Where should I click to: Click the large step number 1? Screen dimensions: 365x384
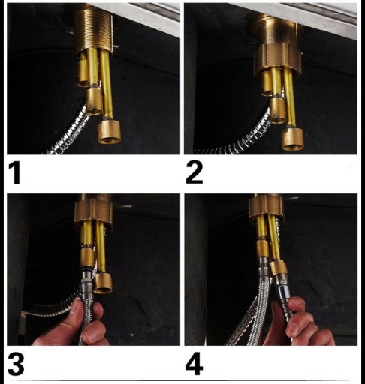click(14, 172)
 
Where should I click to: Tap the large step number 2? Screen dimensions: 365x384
click(195, 172)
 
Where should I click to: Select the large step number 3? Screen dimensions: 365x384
click(16, 364)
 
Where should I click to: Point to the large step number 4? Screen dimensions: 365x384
click(194, 364)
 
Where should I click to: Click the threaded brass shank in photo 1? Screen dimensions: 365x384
click(94, 28)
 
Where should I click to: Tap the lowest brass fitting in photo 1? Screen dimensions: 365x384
click(109, 132)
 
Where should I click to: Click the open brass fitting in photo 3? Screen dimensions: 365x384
click(103, 283)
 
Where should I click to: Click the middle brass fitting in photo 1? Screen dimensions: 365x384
click(95, 101)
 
